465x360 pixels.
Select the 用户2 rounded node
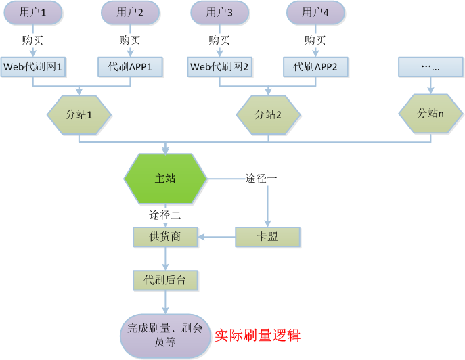[x=130, y=12]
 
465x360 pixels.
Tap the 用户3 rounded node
[x=220, y=12]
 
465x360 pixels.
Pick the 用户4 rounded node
[x=315, y=12]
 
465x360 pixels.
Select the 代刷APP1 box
[x=131, y=66]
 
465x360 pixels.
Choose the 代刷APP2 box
[x=316, y=66]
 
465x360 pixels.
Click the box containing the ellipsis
[x=430, y=66]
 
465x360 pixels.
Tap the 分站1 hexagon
[x=79, y=114]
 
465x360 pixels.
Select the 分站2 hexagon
[x=268, y=114]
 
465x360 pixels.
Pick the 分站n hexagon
[x=430, y=113]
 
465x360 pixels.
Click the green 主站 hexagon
[x=165, y=179]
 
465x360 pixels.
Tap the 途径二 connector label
[x=164, y=215]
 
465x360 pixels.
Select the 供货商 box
[x=165, y=237]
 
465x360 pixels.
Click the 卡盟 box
[x=267, y=237]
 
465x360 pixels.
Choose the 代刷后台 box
[x=165, y=279]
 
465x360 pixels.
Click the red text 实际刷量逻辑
[x=258, y=335]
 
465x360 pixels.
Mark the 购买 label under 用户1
[x=33, y=40]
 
